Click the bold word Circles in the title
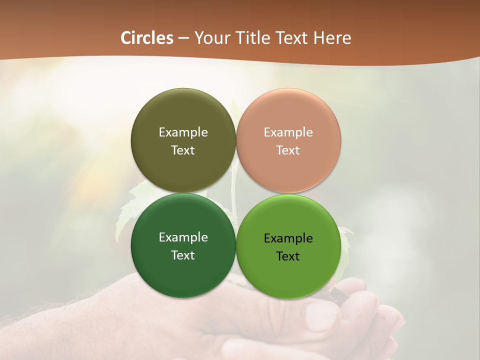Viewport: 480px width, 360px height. click(147, 38)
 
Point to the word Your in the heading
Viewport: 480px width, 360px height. click(211, 38)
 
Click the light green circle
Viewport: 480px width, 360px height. click(288, 275)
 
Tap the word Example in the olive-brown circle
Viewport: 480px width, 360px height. click(183, 132)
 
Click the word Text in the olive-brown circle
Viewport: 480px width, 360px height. click(183, 150)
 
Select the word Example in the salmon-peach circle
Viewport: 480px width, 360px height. click(288, 132)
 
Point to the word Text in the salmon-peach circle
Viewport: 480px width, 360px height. click(288, 150)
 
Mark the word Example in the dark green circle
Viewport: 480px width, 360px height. click(183, 237)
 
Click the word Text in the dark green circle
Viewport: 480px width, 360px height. click(183, 255)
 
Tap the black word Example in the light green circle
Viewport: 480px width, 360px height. click(288, 238)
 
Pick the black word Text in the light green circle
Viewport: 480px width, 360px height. click(288, 256)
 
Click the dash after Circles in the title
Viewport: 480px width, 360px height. click(183, 38)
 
